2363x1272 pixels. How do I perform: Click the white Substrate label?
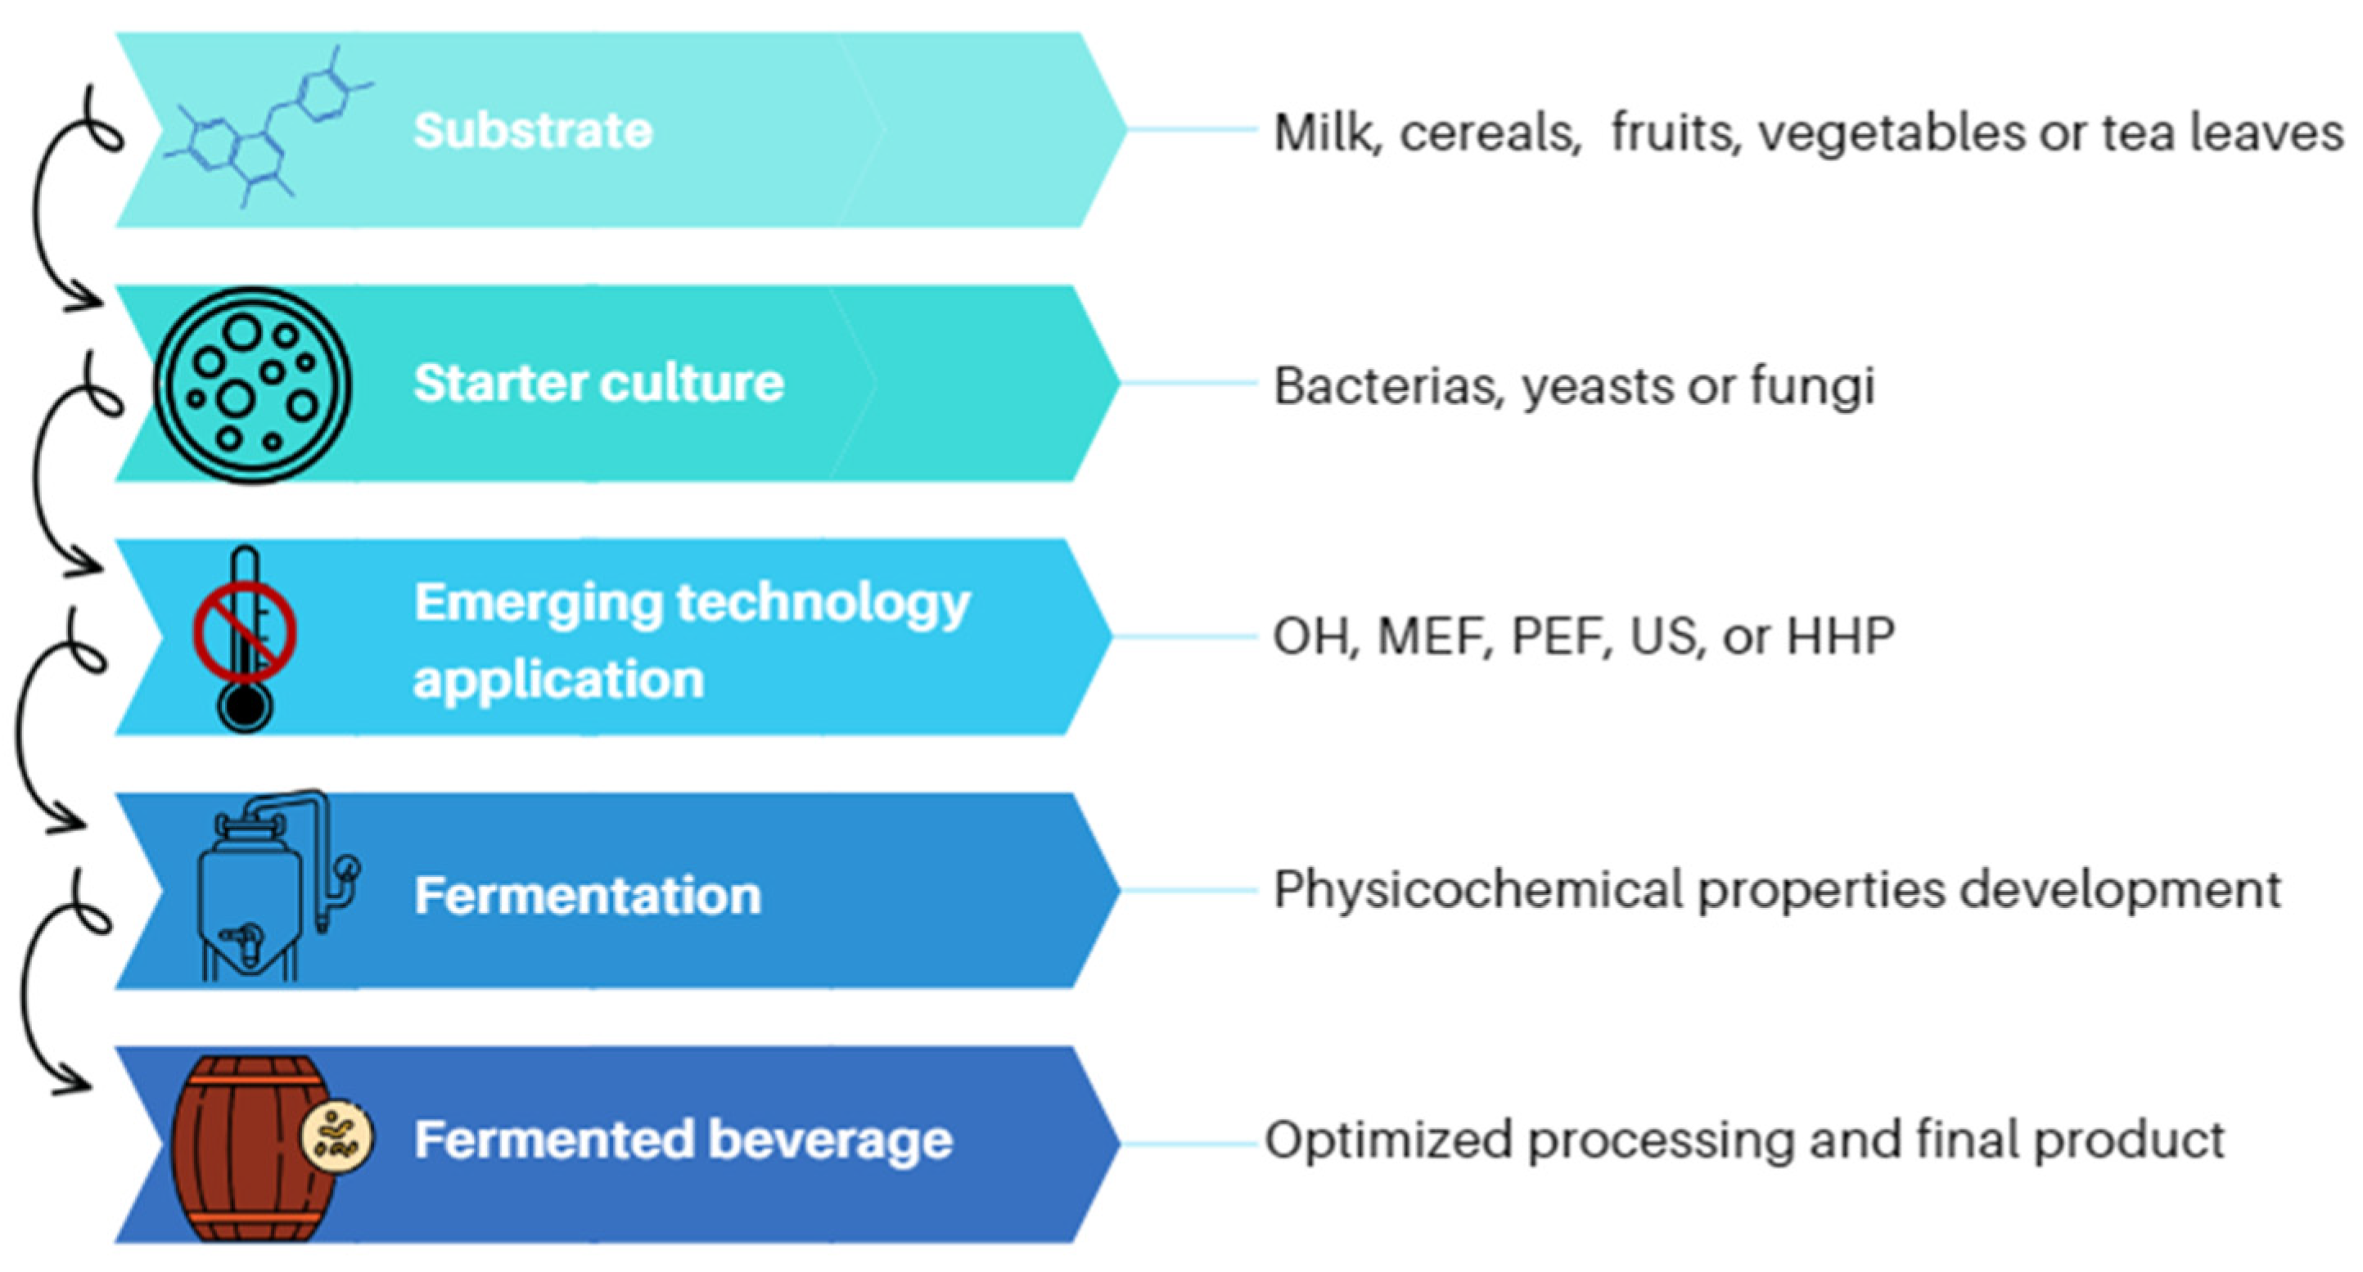point(533,130)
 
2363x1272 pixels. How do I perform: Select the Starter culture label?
point(599,383)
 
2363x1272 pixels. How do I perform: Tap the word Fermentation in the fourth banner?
point(588,895)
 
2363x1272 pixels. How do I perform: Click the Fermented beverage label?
point(683,1140)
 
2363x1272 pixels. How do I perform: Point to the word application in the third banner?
point(559,681)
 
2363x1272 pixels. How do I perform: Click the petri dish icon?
point(252,384)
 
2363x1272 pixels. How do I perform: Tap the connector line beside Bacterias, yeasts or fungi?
point(1188,384)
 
